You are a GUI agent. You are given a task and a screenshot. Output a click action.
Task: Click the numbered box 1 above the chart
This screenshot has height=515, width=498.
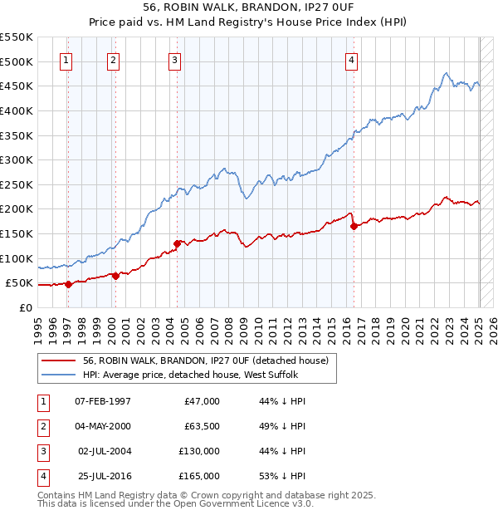pos(66,60)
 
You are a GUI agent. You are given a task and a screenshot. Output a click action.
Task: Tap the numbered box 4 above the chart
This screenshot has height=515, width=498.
pos(352,60)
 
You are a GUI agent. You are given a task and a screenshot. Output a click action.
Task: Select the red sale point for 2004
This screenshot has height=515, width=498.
pos(177,243)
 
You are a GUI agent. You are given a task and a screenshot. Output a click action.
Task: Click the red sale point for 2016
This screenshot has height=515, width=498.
pos(354,226)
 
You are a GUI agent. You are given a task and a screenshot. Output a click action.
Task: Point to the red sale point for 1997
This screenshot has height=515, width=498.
pos(68,284)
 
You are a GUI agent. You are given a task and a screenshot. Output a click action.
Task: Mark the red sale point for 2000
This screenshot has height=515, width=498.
pos(115,277)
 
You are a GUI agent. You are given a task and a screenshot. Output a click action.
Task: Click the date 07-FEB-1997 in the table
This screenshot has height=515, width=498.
pos(102,401)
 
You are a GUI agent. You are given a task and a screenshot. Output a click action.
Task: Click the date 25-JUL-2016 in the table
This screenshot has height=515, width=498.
pos(102,476)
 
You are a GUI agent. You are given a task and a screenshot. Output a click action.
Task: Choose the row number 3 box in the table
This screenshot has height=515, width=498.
pos(42,451)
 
